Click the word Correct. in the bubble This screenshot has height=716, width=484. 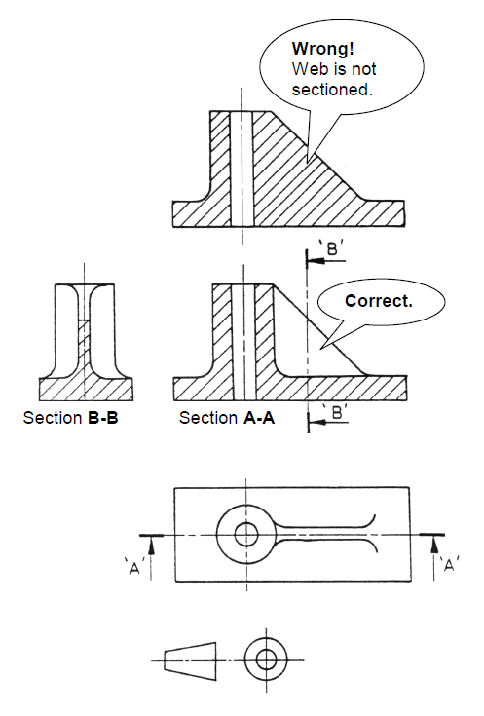378,300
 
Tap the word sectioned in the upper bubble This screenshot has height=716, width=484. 333,89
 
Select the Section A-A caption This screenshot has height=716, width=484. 225,419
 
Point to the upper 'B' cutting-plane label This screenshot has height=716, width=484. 331,248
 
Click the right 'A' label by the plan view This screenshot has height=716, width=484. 450,564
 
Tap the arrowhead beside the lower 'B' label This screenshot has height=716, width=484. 314,421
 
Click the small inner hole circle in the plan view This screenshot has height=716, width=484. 245,534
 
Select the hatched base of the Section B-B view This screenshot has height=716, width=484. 86,390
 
